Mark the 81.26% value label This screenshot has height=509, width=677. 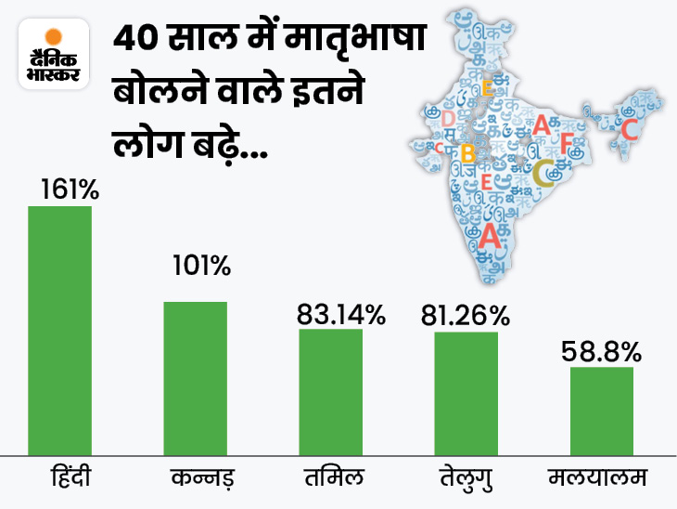466,315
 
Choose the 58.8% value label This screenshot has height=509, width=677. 601,351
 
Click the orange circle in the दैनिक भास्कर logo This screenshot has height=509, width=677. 53,37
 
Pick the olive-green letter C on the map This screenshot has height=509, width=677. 544,171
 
